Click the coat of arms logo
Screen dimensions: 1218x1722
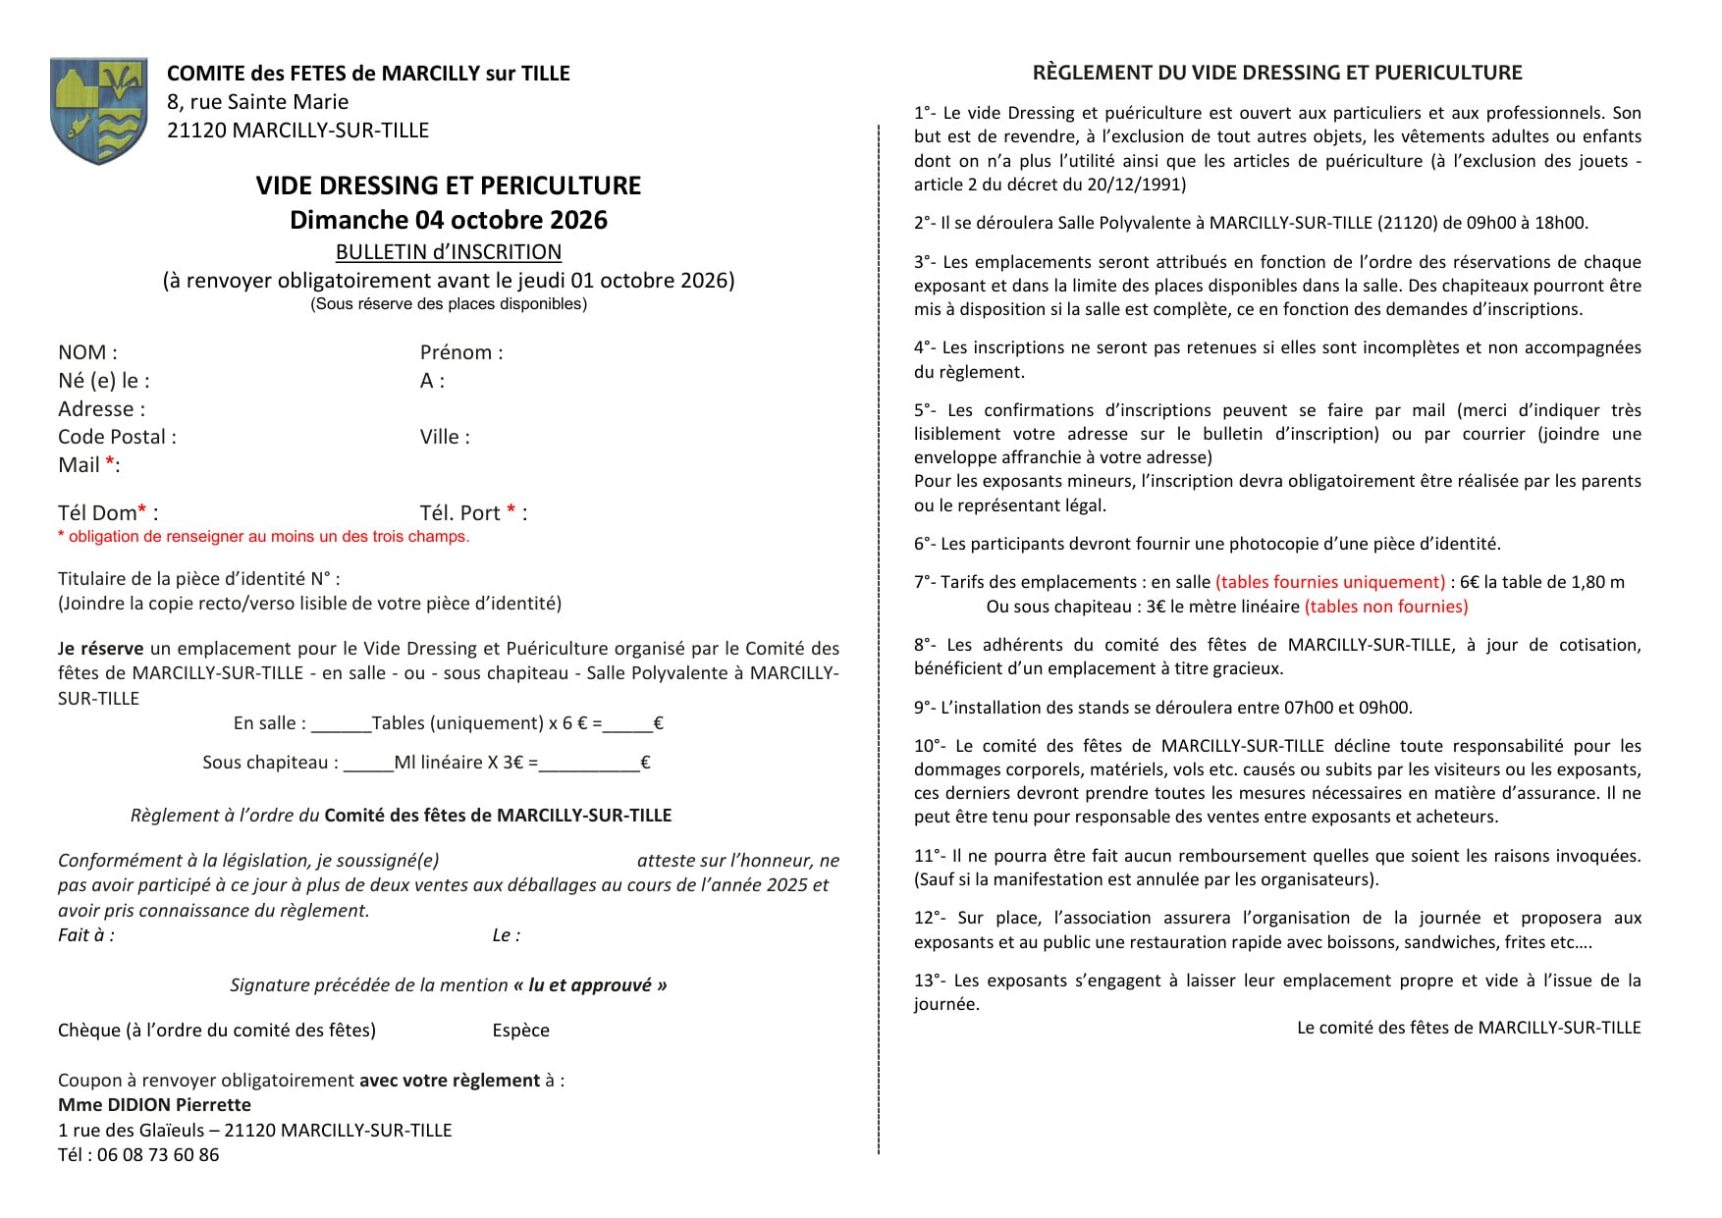tap(98, 110)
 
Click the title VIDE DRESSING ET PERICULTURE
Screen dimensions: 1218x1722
tap(449, 185)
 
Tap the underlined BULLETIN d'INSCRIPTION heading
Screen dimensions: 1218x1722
tap(449, 252)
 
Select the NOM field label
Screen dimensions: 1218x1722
tap(87, 352)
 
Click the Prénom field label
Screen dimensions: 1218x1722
tap(461, 352)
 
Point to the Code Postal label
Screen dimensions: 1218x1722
tap(117, 437)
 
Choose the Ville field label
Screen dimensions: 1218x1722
tap(445, 437)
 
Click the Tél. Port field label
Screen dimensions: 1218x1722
tap(473, 513)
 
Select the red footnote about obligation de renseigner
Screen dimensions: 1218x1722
tap(263, 537)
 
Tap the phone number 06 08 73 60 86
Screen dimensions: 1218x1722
tap(158, 1155)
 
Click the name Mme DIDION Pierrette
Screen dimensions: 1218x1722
tap(154, 1105)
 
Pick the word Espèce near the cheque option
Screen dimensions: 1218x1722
tap(520, 1031)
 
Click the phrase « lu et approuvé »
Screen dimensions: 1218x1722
tap(590, 985)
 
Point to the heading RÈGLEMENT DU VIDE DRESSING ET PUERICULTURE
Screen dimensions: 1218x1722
tap(1277, 73)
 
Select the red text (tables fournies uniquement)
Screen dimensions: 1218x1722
tap(1330, 582)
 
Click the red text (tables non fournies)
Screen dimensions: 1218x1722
tap(1386, 607)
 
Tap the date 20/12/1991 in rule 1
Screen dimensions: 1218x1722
tap(1139, 185)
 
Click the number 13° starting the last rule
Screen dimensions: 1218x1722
tap(928, 980)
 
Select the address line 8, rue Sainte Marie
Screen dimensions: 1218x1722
tap(257, 102)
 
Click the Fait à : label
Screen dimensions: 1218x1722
tap(86, 935)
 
